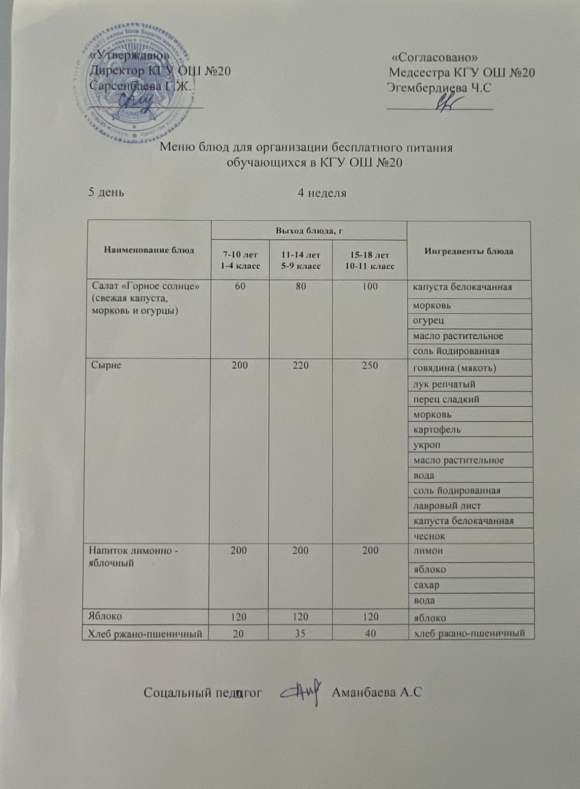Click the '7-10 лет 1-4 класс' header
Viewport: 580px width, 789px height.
coord(240,260)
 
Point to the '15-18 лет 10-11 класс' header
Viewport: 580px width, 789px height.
coord(369,260)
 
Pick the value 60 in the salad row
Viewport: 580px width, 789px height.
coord(240,287)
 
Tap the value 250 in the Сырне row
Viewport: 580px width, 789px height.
coord(369,365)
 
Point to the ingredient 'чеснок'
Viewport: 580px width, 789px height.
coord(429,536)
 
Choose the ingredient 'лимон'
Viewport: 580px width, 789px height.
coord(428,551)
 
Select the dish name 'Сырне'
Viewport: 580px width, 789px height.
coord(106,365)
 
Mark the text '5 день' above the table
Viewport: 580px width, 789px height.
coord(106,192)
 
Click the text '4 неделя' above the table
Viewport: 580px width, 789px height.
coord(322,193)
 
